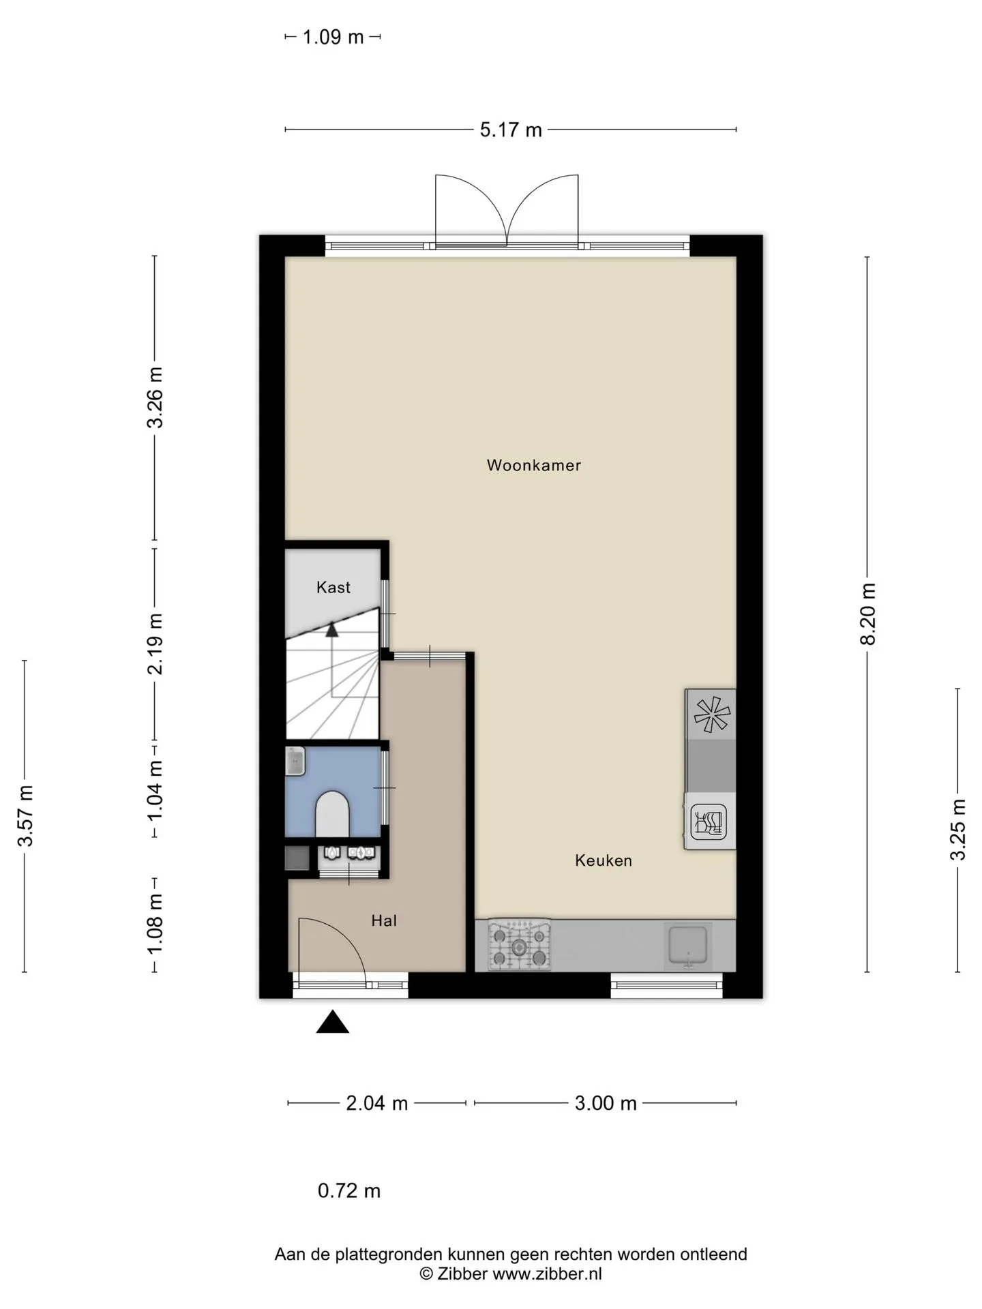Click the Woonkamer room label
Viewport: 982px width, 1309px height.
(x=533, y=466)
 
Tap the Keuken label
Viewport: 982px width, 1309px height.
(x=604, y=860)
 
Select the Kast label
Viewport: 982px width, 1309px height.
(x=333, y=587)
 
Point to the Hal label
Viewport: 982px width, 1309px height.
(x=384, y=921)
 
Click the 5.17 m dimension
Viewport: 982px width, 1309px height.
(x=511, y=130)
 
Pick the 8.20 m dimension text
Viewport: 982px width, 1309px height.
(x=867, y=614)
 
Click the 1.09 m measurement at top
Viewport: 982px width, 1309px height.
(x=333, y=37)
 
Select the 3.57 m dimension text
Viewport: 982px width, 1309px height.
(x=25, y=815)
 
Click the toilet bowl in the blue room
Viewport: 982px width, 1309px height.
(x=332, y=813)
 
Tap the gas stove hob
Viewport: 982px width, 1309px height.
(x=520, y=945)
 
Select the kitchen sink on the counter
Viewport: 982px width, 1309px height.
(x=689, y=946)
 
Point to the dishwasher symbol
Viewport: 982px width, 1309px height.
(x=709, y=822)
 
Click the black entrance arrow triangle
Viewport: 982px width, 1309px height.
(x=333, y=1022)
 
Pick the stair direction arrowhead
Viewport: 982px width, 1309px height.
(x=332, y=629)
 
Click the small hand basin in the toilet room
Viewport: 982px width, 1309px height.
(x=295, y=761)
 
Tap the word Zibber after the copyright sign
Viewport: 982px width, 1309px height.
(x=462, y=1274)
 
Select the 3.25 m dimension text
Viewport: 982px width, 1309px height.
(x=958, y=829)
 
